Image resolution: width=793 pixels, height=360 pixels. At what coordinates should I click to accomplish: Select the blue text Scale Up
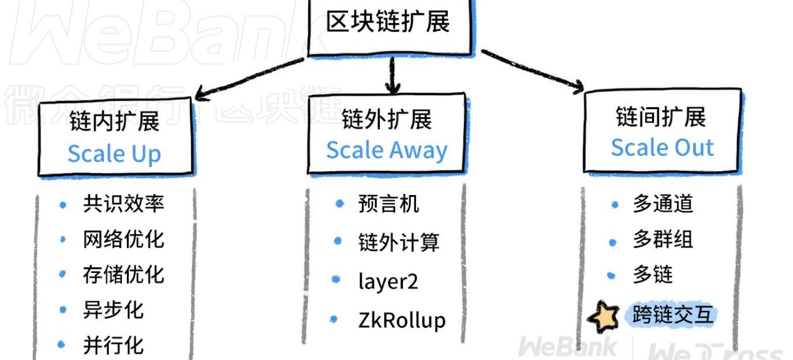114,153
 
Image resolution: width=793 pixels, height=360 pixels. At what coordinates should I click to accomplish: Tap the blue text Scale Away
387,150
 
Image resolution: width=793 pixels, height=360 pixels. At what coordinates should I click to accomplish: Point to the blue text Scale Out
663,147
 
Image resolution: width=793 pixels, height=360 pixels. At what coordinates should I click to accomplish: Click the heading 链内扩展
114,121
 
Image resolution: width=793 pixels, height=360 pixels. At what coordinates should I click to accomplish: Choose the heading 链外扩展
387,119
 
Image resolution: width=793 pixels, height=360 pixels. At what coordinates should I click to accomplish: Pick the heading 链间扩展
661,117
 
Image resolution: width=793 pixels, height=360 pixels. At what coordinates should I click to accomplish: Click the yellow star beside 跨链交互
604,317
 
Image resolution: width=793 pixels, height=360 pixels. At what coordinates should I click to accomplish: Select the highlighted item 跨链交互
672,314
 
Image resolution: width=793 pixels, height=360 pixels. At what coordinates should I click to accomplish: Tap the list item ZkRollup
402,321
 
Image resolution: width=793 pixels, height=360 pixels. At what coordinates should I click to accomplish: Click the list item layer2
388,282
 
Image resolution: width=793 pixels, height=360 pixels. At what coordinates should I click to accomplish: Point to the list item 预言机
388,204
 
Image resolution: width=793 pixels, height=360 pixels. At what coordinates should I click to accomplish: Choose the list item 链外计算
399,242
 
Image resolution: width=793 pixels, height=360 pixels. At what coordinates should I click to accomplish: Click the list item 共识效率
124,204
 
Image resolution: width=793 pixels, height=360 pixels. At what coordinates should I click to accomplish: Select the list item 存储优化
124,275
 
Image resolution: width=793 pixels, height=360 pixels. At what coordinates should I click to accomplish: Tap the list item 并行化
113,345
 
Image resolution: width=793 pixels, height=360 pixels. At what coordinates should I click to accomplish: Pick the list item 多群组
663,239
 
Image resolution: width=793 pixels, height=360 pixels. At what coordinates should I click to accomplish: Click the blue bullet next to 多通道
615,205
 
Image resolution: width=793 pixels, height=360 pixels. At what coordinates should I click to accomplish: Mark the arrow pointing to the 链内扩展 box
249,78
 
